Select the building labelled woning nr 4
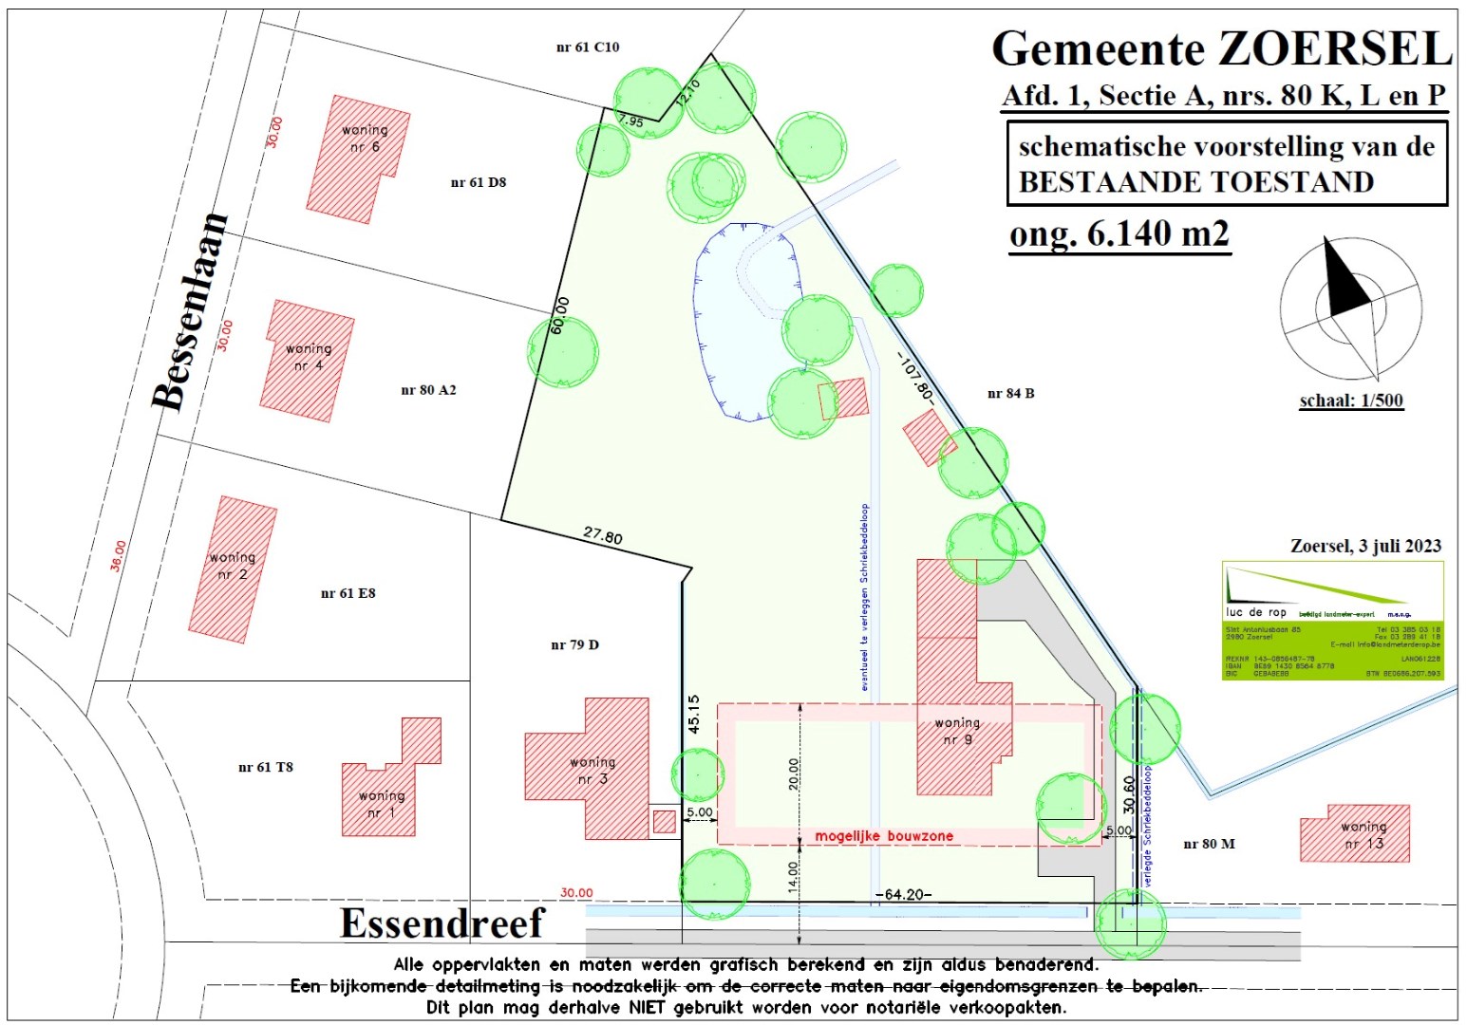(307, 361)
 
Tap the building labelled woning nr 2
(233, 569)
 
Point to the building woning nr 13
(1355, 834)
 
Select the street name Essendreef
(442, 923)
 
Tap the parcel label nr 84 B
(1010, 393)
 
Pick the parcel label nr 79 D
(574, 645)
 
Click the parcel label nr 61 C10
(587, 47)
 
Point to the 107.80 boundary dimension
(914, 377)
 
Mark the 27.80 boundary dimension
(603, 536)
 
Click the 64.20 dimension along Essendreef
(902, 894)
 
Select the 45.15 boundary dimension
(693, 714)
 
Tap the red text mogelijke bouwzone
(884, 836)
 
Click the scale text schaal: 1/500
(1350, 401)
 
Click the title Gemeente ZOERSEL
(1221, 48)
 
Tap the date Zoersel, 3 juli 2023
(1365, 547)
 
